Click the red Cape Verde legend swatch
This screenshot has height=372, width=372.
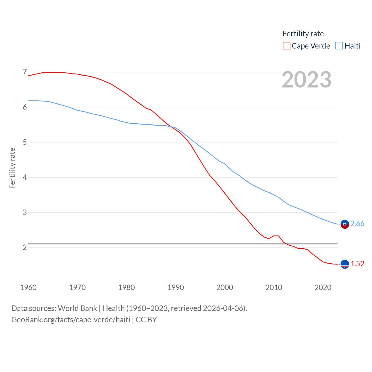point(286,46)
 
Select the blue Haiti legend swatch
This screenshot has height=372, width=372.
point(339,46)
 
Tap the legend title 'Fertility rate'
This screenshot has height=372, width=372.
point(303,34)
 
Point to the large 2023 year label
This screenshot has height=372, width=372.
point(307,80)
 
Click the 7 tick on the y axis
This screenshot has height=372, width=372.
point(25,72)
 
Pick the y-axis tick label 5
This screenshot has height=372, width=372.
point(25,142)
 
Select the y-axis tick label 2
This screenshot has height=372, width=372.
point(25,247)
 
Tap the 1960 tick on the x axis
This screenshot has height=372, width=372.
point(28,287)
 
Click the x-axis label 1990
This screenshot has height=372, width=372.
point(176,287)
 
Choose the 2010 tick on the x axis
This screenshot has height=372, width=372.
point(274,287)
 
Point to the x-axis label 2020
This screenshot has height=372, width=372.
point(323,287)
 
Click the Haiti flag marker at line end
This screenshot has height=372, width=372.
point(345,224)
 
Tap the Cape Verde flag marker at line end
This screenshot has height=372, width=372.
point(345,264)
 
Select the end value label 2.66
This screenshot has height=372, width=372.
point(357,223)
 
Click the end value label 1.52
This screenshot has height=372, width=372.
point(357,264)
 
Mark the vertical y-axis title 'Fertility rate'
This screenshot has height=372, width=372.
point(12,168)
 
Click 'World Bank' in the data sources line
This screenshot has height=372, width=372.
point(77,308)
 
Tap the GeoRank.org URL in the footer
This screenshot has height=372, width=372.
point(71,320)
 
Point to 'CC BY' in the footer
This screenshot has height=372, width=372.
point(146,320)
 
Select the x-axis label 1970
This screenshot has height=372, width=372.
point(77,287)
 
